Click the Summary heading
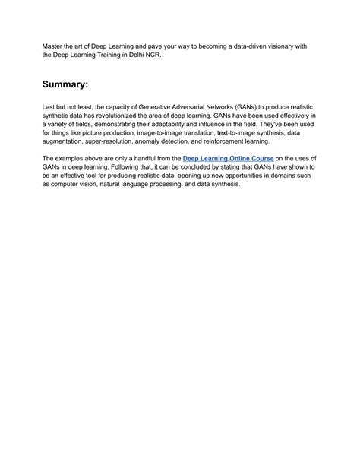coord(73,84)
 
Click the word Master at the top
coord(54,46)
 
